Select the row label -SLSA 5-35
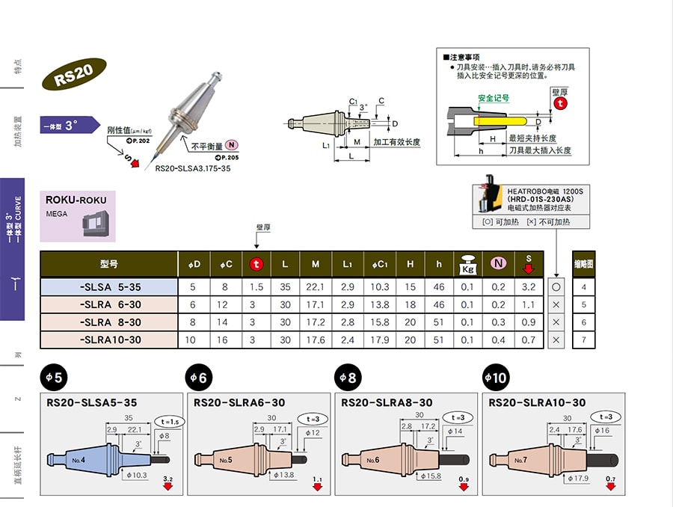click(109, 287)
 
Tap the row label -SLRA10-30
click(109, 339)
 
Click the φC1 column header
click(379, 264)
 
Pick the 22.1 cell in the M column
click(316, 287)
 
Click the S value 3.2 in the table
click(529, 287)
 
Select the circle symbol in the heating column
click(556, 287)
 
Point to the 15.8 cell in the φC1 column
click(379, 322)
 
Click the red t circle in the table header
click(256, 264)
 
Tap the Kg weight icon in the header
click(467, 264)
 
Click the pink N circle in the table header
click(498, 263)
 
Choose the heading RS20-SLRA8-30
click(386, 403)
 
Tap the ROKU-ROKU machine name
click(76, 200)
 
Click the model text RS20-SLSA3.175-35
click(193, 169)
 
